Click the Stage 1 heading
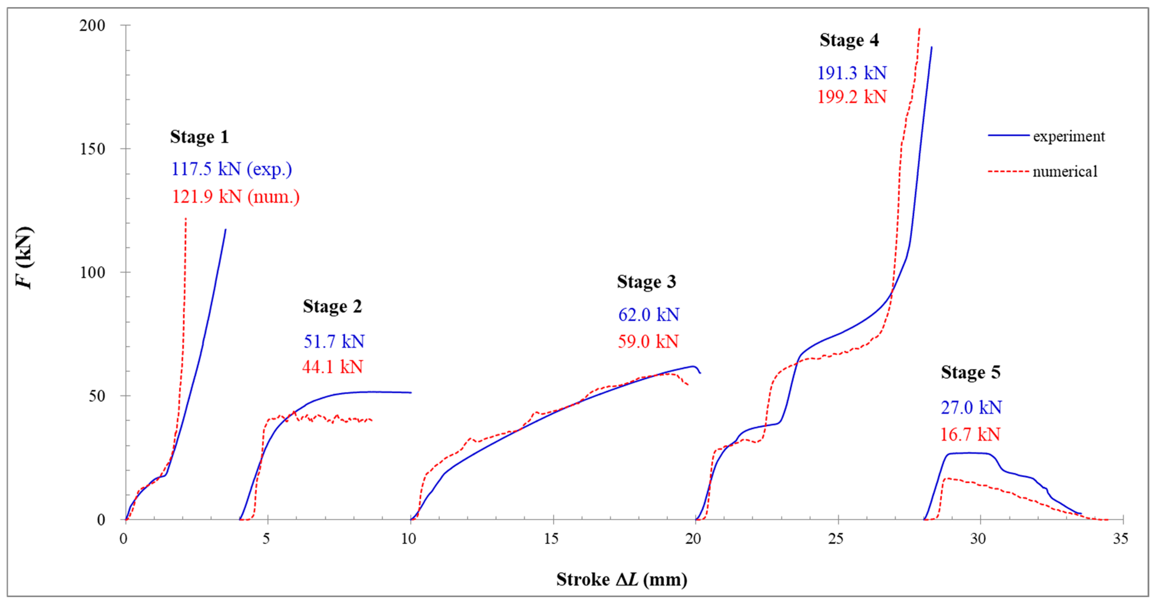pyautogui.click(x=199, y=137)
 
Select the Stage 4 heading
pyautogui.click(x=849, y=41)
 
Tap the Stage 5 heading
pyautogui.click(x=970, y=372)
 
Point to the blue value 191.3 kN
pyautogui.click(x=851, y=73)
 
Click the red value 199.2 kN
pyautogui.click(x=851, y=97)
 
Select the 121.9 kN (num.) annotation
pyautogui.click(x=236, y=196)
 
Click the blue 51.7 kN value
pyautogui.click(x=334, y=341)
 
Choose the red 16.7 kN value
pyautogui.click(x=970, y=434)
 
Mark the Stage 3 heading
pyautogui.click(x=646, y=282)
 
